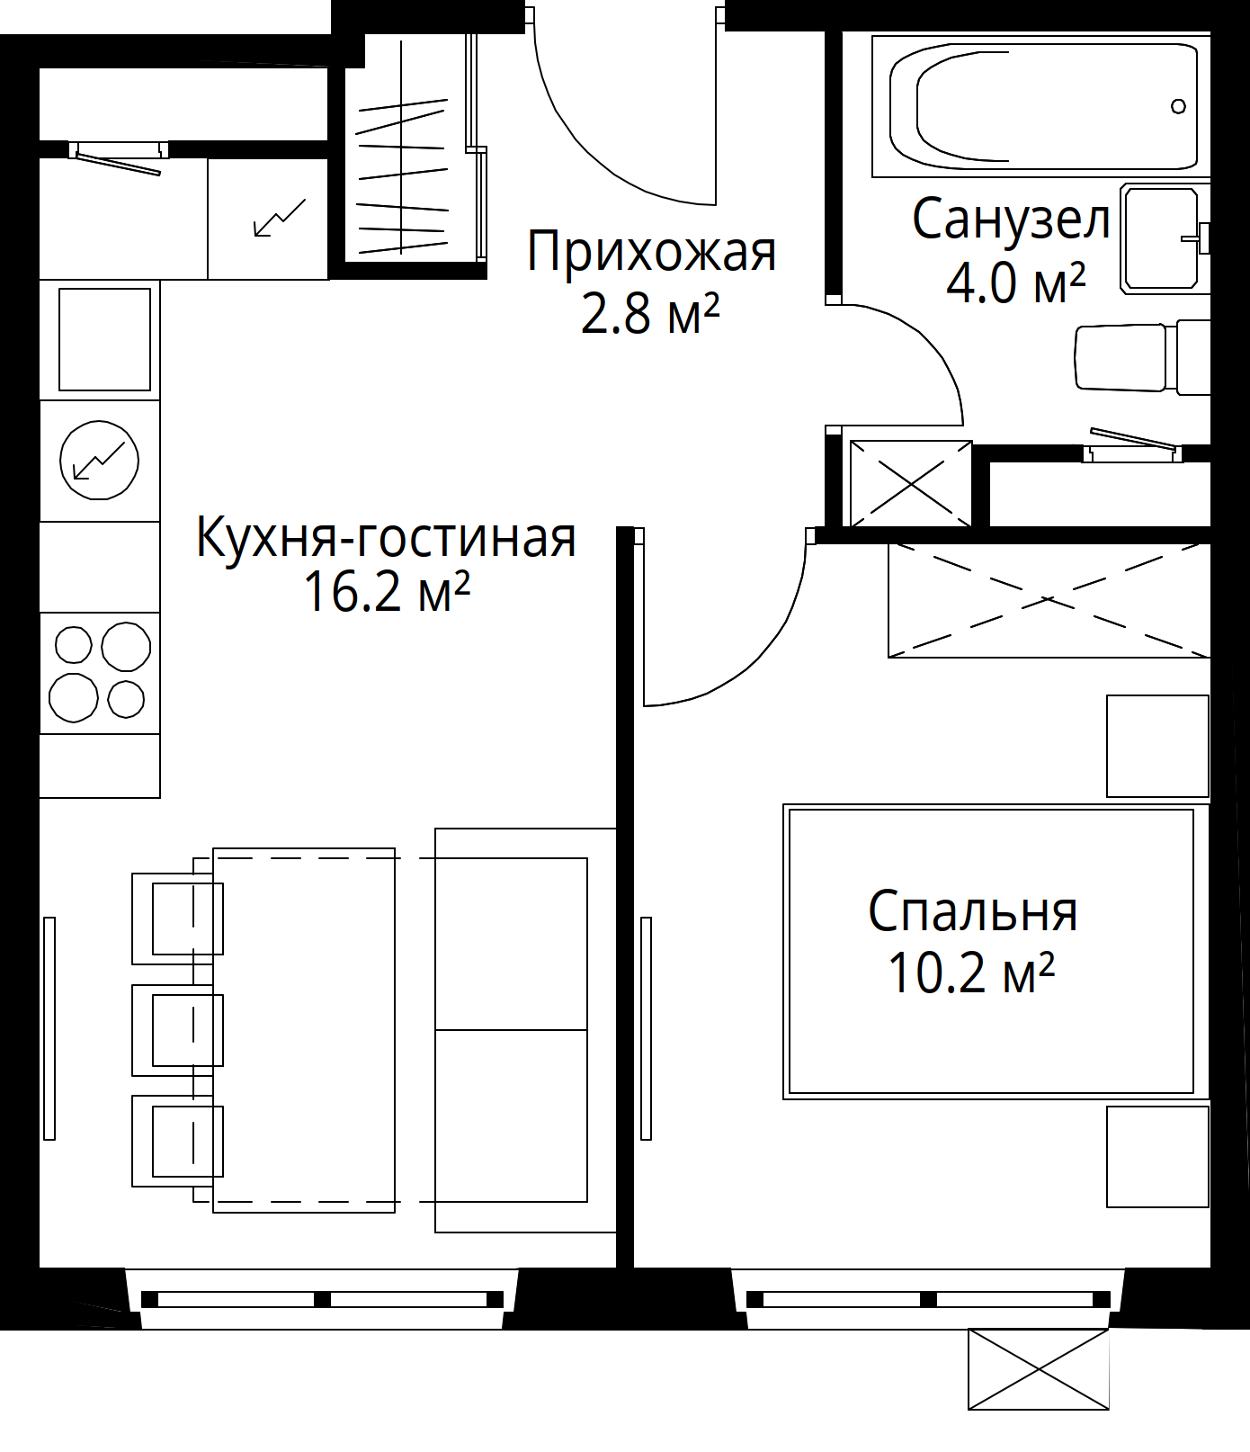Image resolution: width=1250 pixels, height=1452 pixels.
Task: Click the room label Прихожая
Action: (651, 251)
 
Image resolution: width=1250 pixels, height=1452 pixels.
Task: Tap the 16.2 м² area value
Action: (387, 592)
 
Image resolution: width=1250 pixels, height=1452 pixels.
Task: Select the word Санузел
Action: (1012, 220)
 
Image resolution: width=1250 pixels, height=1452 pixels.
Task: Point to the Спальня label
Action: (972, 911)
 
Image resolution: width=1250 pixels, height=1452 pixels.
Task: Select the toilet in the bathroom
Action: (1143, 357)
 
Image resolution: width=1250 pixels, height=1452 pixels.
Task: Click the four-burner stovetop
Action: (100, 673)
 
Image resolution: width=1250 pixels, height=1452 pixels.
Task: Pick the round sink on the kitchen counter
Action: (100, 461)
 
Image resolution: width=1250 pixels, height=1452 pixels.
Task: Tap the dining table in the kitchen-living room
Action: (303, 1030)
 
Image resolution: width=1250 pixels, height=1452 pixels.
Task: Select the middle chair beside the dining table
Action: (178, 1030)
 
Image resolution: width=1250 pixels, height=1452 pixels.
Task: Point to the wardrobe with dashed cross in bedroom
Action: (1049, 600)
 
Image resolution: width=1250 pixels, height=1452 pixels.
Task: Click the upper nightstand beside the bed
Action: (1157, 746)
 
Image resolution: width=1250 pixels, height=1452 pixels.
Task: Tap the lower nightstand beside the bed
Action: (1157, 1156)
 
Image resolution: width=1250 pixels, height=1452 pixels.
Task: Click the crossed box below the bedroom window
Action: (1039, 1369)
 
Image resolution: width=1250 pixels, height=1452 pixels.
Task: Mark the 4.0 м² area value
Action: (1016, 282)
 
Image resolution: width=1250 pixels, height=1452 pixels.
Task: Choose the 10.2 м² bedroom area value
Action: (971, 972)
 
